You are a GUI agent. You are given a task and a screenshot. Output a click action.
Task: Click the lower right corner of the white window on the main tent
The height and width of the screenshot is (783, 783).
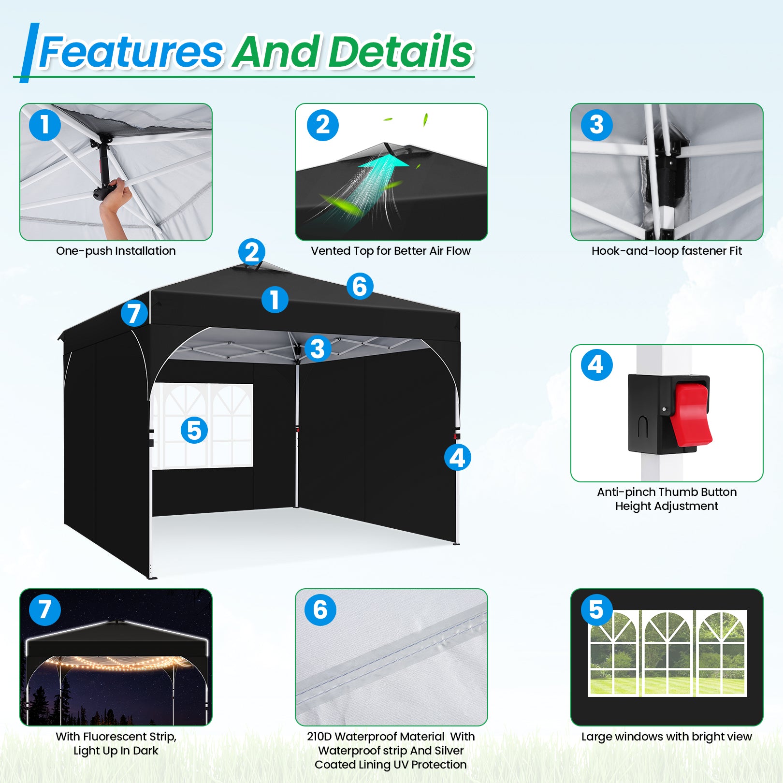[253, 466]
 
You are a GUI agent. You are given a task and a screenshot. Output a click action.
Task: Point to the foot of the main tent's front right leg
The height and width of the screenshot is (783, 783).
[456, 544]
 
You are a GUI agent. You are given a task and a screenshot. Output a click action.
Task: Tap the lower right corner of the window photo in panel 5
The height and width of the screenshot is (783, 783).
[747, 696]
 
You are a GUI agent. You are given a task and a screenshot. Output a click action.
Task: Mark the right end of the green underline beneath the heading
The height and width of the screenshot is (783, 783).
[475, 76]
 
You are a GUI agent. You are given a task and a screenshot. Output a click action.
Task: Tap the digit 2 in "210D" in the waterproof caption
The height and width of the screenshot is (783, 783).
[311, 737]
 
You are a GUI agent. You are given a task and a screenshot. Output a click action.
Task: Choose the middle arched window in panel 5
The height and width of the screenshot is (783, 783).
[667, 653]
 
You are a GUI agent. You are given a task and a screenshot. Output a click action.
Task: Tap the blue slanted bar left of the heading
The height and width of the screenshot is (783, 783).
[29, 53]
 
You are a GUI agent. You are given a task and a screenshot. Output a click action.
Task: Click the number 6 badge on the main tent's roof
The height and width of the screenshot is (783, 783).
[360, 286]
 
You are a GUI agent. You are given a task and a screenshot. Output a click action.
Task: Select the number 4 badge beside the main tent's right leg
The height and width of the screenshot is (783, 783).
[457, 457]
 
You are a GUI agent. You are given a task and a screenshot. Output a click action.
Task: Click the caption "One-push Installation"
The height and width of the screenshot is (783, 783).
[116, 251]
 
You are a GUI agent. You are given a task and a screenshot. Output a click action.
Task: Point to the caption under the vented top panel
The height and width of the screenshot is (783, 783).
[391, 251]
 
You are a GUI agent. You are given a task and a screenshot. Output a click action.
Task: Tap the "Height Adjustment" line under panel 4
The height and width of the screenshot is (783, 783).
[667, 506]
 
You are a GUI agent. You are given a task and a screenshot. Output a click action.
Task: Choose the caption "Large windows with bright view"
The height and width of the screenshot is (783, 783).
[667, 737]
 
